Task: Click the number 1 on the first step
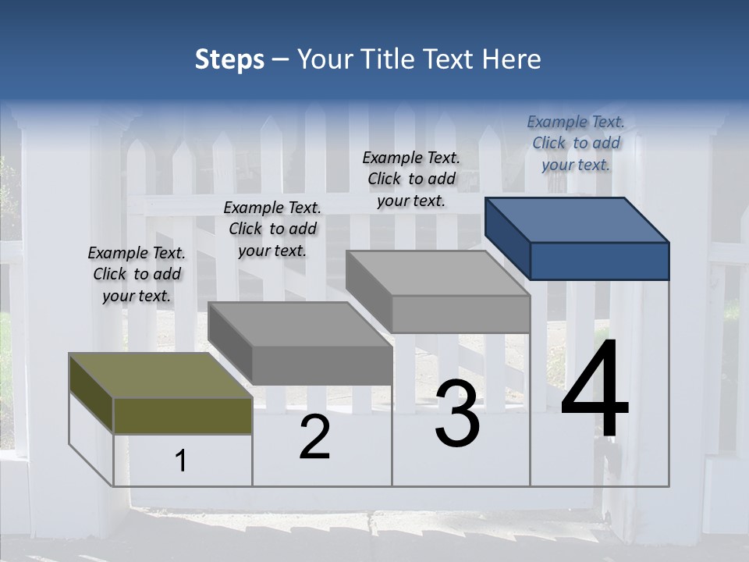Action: (x=181, y=461)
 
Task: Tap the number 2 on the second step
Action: (x=314, y=437)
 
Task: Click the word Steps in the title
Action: (x=229, y=59)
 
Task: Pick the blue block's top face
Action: (x=577, y=219)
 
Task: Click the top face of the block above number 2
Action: (x=300, y=324)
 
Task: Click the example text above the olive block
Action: (x=137, y=274)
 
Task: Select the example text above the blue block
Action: (x=576, y=143)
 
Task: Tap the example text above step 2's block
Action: (x=272, y=229)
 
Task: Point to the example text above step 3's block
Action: (x=411, y=179)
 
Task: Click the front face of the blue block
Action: (x=599, y=261)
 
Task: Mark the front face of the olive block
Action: (x=183, y=415)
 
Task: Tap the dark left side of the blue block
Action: (x=507, y=238)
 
